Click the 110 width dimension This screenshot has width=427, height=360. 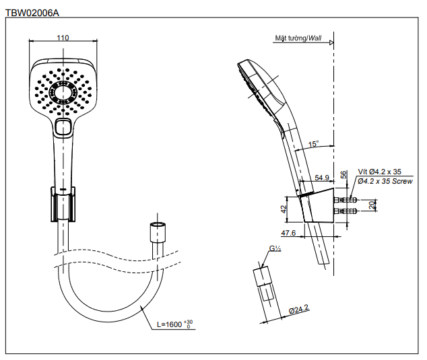[x=63, y=38]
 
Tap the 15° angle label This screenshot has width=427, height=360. [x=313, y=144]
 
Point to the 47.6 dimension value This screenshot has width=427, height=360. [x=288, y=233]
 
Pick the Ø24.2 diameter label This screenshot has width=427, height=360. [x=298, y=309]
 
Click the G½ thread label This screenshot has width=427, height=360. [x=275, y=249]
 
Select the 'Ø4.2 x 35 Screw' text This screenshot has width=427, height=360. [x=385, y=182]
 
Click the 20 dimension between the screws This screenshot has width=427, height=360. [x=371, y=205]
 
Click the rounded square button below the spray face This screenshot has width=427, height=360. [x=64, y=127]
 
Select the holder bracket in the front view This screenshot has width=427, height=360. [x=63, y=203]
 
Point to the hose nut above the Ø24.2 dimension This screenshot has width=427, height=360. [x=264, y=282]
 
